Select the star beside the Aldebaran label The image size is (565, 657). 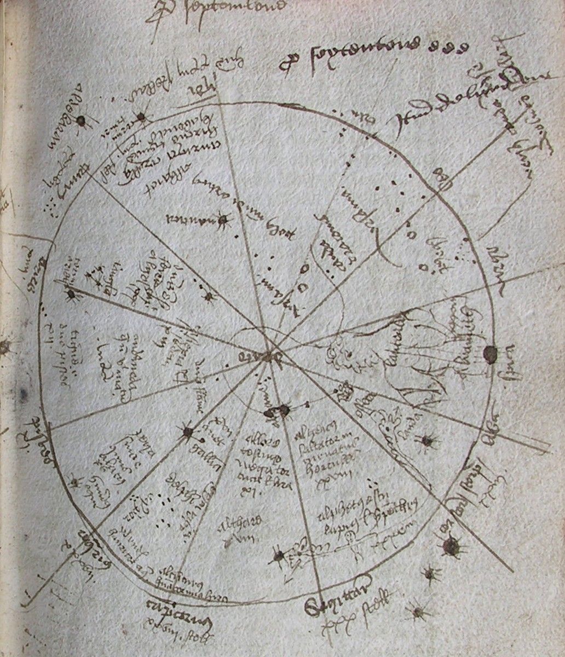pos(82,122)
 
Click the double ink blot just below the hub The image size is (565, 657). pos(277,412)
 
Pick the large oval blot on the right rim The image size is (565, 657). pos(489,353)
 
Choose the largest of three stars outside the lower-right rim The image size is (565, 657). pos(451,545)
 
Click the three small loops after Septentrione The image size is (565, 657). pos(452,47)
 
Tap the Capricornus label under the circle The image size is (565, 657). pos(163,606)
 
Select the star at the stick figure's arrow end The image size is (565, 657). pos(279,556)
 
